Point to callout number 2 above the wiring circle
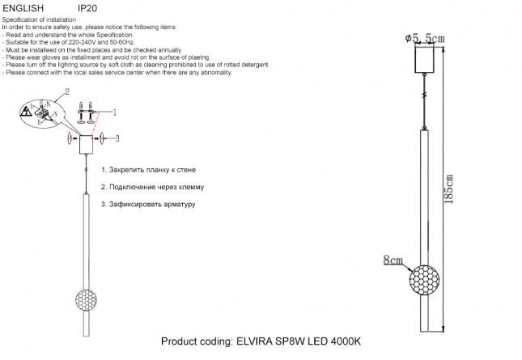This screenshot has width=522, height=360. (x=66, y=91)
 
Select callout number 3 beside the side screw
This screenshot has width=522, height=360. (x=117, y=139)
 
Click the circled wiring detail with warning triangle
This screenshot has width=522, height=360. (x=40, y=116)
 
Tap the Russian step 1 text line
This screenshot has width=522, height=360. (x=148, y=171)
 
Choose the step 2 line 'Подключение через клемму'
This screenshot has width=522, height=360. (x=152, y=187)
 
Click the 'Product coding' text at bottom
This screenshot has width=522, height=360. (x=196, y=341)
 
